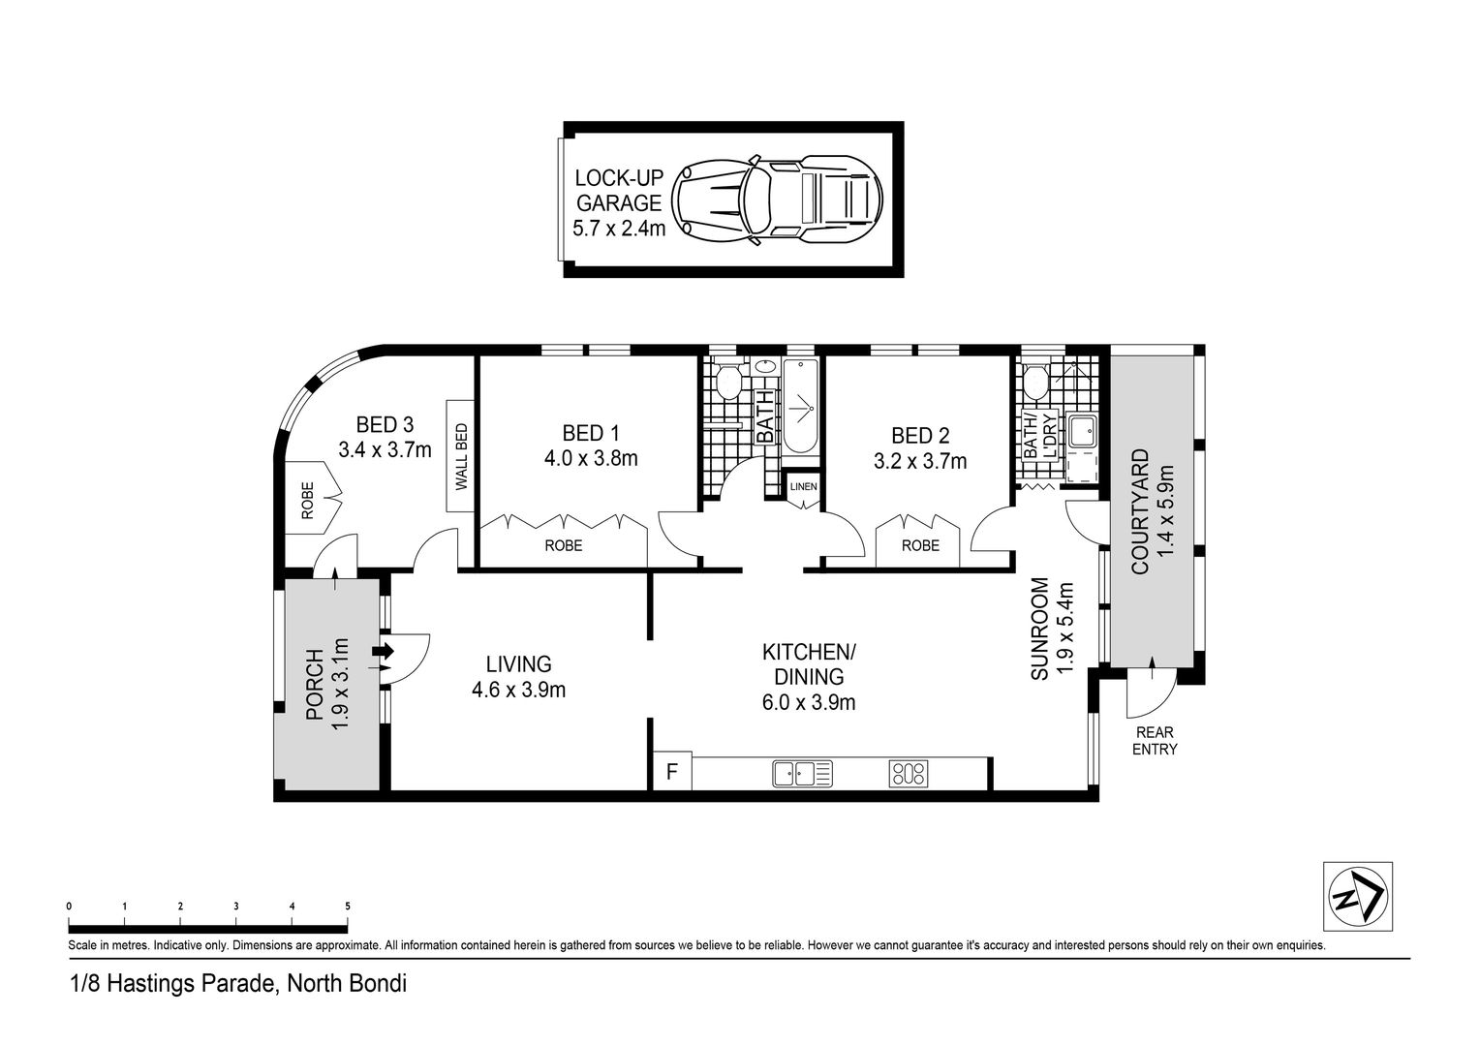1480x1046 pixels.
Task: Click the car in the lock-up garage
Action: pos(777,200)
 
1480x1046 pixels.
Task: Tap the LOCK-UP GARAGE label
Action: pos(618,190)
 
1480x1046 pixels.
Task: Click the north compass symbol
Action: pos(1358,897)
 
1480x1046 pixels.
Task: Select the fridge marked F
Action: pos(672,771)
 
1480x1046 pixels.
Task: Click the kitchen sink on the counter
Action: pos(802,774)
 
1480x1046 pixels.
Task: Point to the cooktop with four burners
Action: pos(908,774)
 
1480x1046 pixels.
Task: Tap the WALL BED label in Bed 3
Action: pos(461,456)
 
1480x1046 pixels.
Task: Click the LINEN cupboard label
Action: pos(803,487)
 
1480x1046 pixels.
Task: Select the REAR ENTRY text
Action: pos(1155,741)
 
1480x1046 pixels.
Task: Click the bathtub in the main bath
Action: pos(801,407)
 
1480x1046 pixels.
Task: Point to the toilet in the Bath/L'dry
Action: pos(1034,382)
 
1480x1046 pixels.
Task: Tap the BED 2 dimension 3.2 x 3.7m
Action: pos(920,461)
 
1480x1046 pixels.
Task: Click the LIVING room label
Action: pos(518,664)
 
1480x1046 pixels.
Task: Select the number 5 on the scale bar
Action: pos(348,907)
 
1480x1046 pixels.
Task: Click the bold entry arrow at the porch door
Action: pos(384,652)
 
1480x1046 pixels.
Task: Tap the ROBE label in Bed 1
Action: pos(564,546)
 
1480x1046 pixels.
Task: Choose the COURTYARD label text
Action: pos(1140,511)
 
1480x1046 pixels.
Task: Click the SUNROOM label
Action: pos(1040,629)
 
